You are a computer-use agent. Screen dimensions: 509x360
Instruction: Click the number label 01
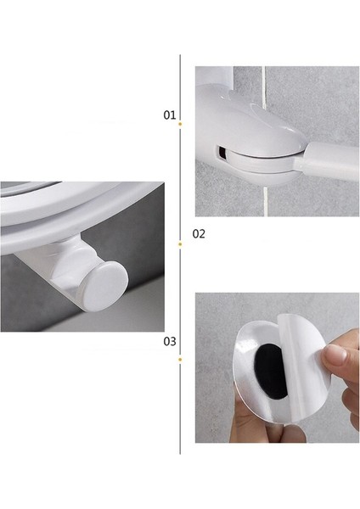(170, 114)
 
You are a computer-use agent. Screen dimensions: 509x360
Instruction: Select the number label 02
(199, 233)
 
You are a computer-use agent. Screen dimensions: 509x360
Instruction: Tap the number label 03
(170, 342)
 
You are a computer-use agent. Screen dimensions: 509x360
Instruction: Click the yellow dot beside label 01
(180, 125)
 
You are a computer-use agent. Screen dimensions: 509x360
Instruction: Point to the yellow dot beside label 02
(180, 244)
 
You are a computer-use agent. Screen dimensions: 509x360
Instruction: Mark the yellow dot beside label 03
(180, 359)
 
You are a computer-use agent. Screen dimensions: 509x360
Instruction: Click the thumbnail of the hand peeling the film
(277, 367)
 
